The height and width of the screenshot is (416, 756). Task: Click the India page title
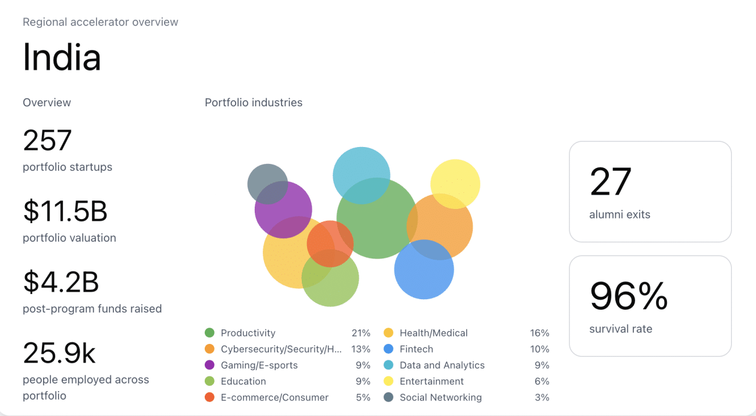pyautogui.click(x=62, y=58)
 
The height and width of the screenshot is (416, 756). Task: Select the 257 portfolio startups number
pyautogui.click(x=47, y=140)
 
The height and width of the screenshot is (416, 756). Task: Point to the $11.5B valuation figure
pyautogui.click(x=65, y=211)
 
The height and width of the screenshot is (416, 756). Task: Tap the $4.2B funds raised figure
pyautogui.click(x=60, y=282)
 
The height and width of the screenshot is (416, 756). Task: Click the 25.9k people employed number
pyautogui.click(x=59, y=353)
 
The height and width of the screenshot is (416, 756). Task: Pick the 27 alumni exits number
pyautogui.click(x=610, y=182)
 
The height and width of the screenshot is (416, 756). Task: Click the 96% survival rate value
pyautogui.click(x=629, y=296)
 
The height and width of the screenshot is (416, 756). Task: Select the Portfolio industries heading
pyautogui.click(x=254, y=103)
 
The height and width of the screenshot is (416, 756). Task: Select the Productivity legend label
pyautogui.click(x=248, y=333)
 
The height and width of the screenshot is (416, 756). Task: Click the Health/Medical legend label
pyautogui.click(x=433, y=333)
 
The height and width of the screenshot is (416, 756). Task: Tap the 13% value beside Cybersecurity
pyautogui.click(x=361, y=349)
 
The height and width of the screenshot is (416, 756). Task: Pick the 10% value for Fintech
pyautogui.click(x=540, y=349)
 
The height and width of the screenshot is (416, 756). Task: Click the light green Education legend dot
pyautogui.click(x=210, y=381)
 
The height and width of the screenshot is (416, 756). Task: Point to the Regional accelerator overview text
pyautogui.click(x=101, y=22)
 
